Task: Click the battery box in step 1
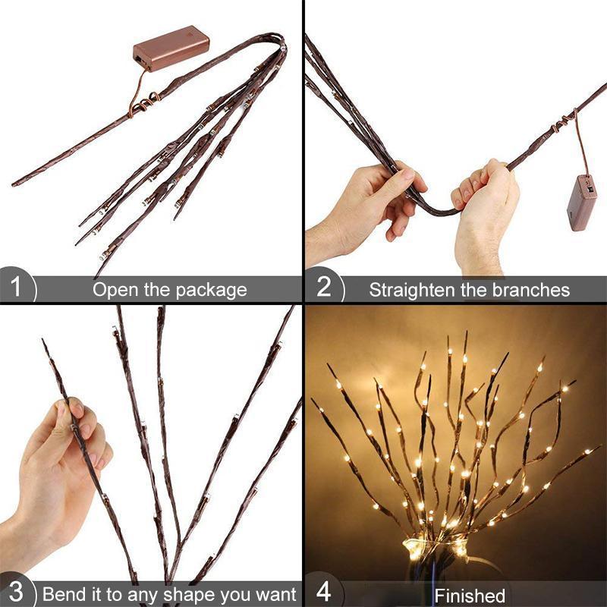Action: point(171,49)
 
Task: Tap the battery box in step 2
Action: point(582,203)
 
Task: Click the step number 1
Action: point(15,288)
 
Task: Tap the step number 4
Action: point(323,592)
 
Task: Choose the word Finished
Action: point(470,596)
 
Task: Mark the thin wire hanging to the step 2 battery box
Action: point(580,144)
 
